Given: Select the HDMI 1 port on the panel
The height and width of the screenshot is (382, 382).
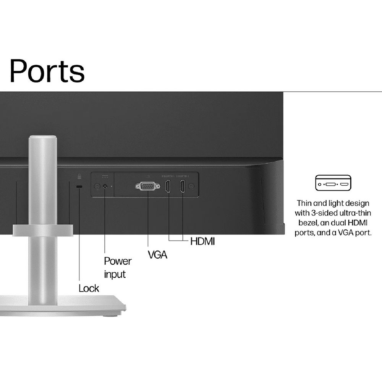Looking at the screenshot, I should (x=168, y=186).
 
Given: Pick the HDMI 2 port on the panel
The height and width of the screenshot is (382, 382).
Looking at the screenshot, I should (x=183, y=186).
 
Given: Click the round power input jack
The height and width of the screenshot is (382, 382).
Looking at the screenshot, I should (x=105, y=186).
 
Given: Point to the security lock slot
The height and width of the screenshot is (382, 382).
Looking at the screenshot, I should (x=79, y=186).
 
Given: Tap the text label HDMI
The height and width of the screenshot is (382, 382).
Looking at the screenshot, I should (x=202, y=241).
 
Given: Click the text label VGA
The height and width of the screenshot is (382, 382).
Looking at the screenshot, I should (x=157, y=254).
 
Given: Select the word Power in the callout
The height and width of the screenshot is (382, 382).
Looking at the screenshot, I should (x=118, y=261).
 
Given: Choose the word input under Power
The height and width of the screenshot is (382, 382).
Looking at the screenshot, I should (x=115, y=274).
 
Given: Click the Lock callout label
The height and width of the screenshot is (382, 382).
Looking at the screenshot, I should (x=89, y=288).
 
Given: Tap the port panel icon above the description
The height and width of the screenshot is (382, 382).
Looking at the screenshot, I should (x=332, y=183).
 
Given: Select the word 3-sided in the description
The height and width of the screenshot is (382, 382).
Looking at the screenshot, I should (x=322, y=213).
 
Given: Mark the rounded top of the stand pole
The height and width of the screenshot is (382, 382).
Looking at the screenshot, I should (x=43, y=140).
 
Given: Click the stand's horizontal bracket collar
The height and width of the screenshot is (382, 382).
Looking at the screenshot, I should (x=43, y=230).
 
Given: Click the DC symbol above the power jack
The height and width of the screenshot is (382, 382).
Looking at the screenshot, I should (x=105, y=176).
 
